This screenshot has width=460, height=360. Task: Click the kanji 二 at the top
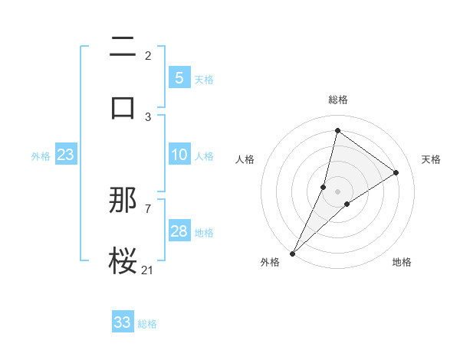[x=123, y=48]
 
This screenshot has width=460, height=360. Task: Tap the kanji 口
[x=123, y=108]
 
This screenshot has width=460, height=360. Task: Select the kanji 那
[x=123, y=201]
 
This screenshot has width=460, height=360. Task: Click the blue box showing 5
[x=179, y=77]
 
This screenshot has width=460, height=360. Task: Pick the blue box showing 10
[x=179, y=155]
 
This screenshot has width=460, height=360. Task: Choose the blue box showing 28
[x=179, y=231]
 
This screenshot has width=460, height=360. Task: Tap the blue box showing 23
[x=66, y=155]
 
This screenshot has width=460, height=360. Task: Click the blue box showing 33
[x=123, y=322]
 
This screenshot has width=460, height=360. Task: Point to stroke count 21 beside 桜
[x=148, y=269]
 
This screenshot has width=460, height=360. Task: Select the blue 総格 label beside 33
[x=147, y=323]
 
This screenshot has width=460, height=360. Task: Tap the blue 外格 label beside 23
[x=41, y=156]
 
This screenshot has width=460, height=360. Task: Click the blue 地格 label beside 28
[x=204, y=233]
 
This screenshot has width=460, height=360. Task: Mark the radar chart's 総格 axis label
[x=338, y=100]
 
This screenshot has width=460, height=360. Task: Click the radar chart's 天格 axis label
[x=432, y=159]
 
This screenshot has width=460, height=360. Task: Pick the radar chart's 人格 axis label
[x=245, y=159]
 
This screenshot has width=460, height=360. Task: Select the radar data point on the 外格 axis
[x=292, y=253]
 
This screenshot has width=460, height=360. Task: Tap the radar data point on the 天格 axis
[x=396, y=173]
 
